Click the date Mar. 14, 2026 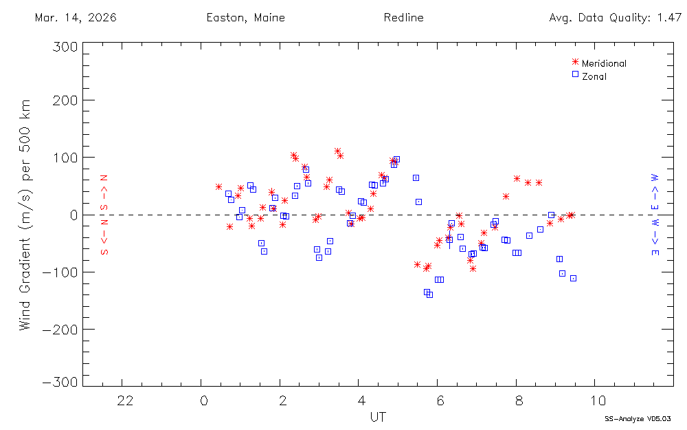(76, 18)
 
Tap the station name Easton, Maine (245, 18)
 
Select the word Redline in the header (404, 18)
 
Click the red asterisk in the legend (575, 62)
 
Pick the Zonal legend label (594, 76)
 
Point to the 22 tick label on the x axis (124, 400)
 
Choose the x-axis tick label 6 (440, 400)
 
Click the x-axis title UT (377, 417)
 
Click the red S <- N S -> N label (105, 215)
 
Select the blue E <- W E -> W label (655, 215)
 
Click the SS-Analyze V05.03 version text (638, 418)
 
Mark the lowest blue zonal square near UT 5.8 (429, 294)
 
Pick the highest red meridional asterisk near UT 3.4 (337, 151)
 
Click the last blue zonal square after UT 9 (573, 278)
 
